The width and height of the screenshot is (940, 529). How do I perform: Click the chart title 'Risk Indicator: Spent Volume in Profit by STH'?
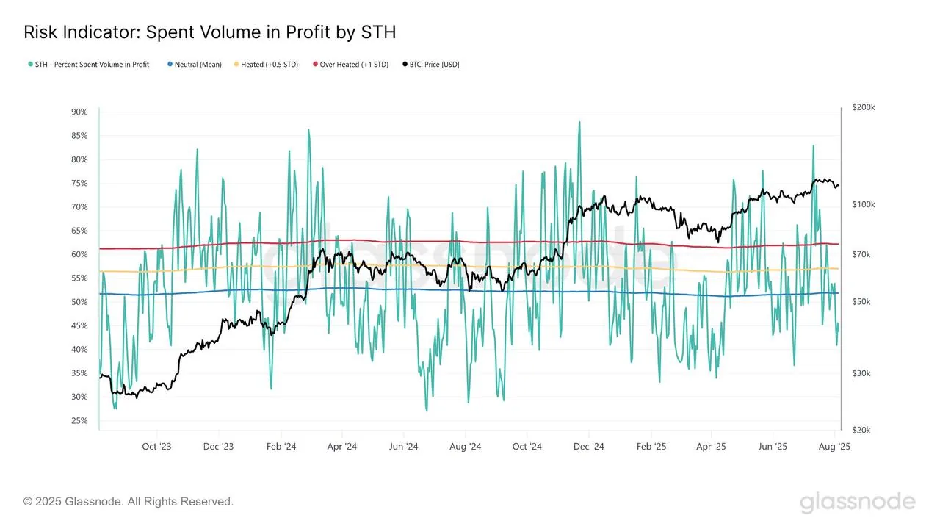[x=210, y=32]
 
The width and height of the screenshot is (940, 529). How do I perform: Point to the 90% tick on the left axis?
[x=79, y=112]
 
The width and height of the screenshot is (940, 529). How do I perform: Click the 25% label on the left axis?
[x=79, y=421]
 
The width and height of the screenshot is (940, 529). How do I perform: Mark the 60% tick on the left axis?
[x=79, y=255]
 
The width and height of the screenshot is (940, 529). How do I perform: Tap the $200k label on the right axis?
[x=863, y=107]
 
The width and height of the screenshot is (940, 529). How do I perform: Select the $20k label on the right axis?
[x=861, y=430]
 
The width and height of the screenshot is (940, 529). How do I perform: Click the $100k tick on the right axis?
[x=863, y=204]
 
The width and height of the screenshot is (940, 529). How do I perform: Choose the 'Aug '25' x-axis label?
[x=834, y=447]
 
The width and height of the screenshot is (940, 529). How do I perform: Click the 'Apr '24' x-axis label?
[x=341, y=447]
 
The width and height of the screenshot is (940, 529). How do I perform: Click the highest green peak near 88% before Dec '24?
[x=579, y=123]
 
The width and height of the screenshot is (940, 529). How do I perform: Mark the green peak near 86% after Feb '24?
[x=308, y=131]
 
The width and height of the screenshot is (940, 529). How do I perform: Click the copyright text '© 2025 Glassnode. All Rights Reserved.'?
[x=129, y=502]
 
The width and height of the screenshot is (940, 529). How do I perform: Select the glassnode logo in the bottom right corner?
[x=857, y=503]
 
